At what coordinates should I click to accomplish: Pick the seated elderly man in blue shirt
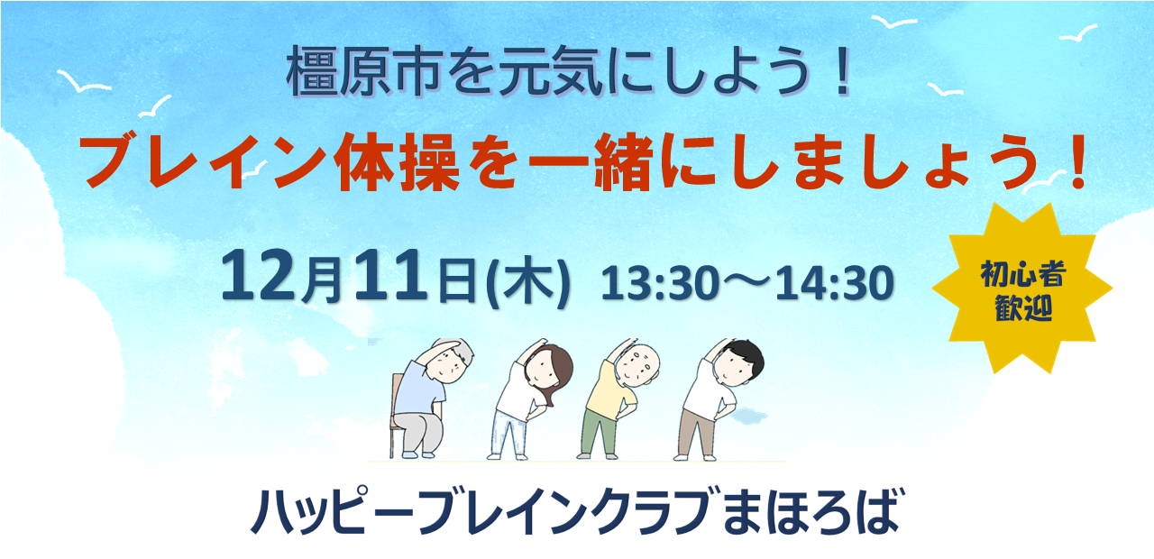[x=424, y=397]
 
